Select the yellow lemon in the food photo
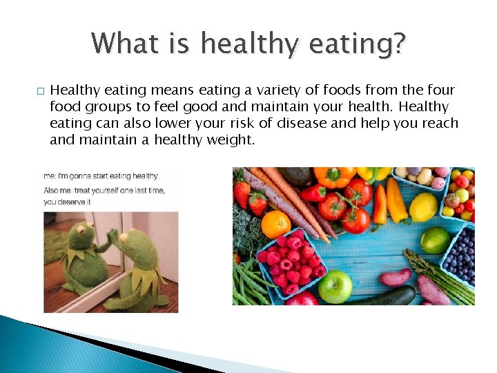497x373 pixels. click(x=422, y=207)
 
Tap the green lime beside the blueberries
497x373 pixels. click(x=435, y=240)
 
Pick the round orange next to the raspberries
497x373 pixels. click(x=276, y=224)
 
